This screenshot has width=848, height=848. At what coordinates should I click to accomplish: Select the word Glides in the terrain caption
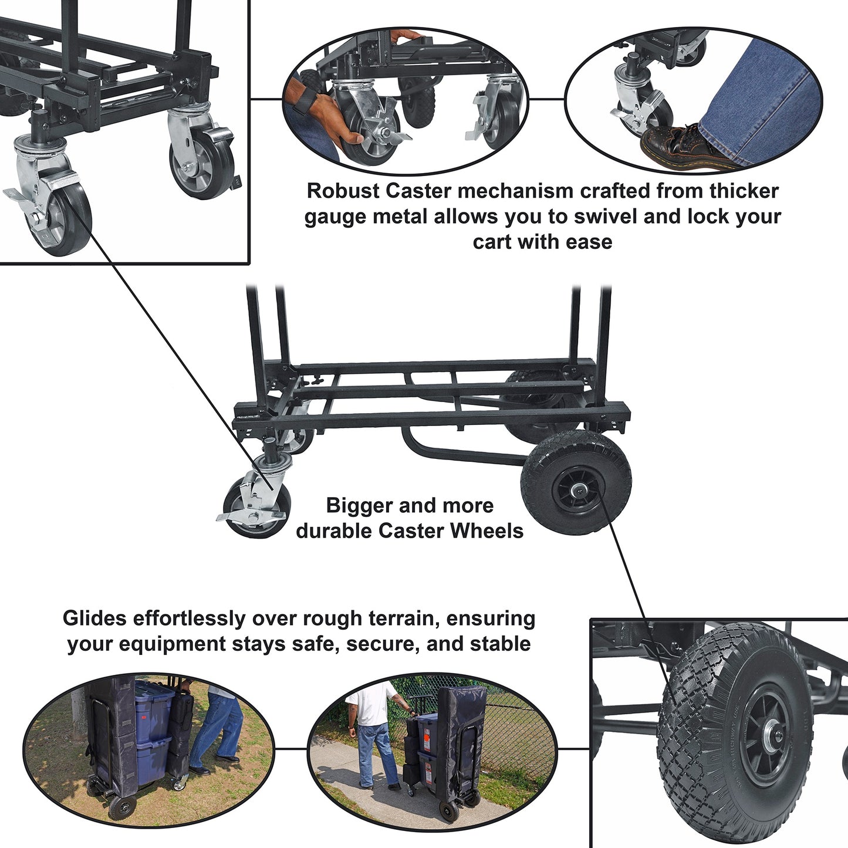(95, 619)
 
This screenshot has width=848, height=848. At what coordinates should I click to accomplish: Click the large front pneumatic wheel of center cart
(576, 482)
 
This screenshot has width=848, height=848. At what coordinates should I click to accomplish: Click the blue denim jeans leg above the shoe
(757, 100)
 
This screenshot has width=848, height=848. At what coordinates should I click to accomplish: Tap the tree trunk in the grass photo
(78, 710)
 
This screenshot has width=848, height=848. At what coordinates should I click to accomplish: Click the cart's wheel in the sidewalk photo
(449, 811)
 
